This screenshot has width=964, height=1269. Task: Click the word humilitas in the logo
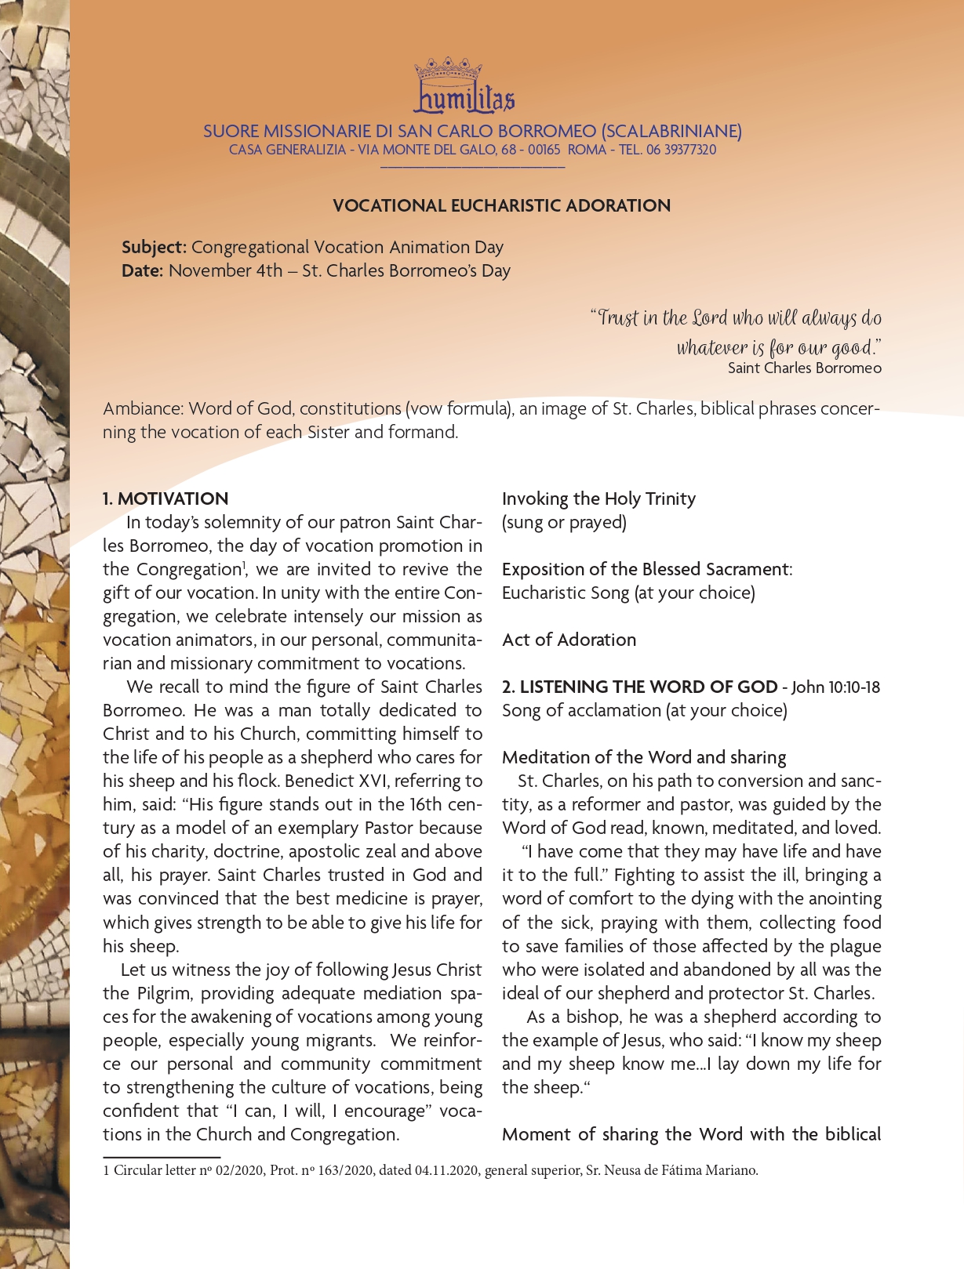464,100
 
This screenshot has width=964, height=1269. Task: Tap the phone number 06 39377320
681,150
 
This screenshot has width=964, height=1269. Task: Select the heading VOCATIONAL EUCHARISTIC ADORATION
501,206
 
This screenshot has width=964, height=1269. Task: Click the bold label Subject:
154,248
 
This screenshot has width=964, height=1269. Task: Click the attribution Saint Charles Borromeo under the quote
804,368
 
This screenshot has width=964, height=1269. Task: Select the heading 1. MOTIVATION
166,499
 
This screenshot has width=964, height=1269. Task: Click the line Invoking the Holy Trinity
598,499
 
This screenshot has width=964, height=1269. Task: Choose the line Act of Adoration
569,640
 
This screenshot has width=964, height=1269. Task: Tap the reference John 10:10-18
835,687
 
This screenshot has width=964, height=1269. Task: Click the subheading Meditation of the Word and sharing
643,758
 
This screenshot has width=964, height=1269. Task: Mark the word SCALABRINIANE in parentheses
671,132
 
